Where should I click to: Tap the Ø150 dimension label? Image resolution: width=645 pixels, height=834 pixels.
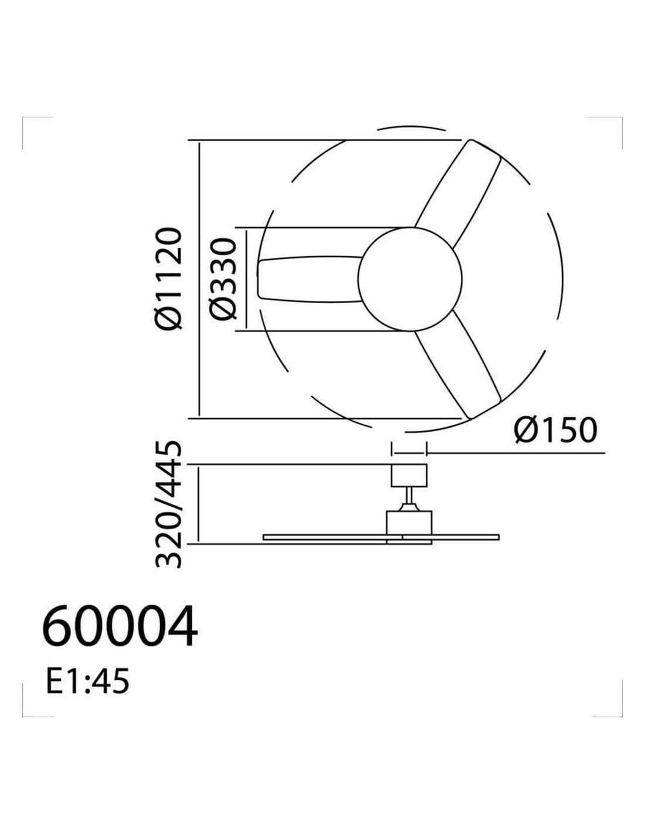(x=555, y=430)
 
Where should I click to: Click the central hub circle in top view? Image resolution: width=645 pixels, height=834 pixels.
(x=410, y=279)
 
